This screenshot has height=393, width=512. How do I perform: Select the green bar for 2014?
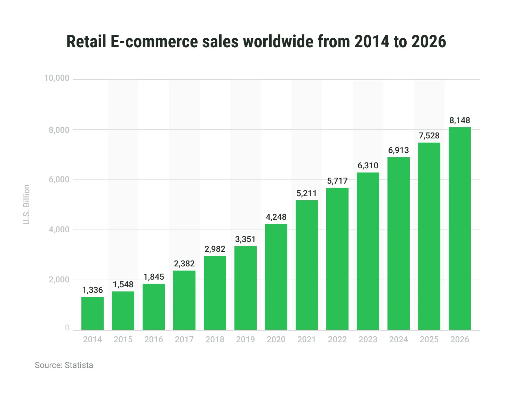tap(93, 313)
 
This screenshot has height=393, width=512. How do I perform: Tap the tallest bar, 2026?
tap(460, 228)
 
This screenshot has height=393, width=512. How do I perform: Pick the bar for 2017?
tap(184, 300)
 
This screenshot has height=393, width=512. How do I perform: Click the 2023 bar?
tap(368, 251)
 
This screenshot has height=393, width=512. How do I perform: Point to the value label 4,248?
tap(276, 217)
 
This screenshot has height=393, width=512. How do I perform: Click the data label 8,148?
tap(460, 120)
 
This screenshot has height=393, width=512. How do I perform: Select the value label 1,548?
tap(123, 284)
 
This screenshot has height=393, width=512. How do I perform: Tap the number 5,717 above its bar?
tap(337, 181)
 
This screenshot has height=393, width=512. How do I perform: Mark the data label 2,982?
tap(215, 249)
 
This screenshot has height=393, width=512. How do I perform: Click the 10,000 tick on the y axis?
tap(57, 78)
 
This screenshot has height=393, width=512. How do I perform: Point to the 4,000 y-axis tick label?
tap(59, 230)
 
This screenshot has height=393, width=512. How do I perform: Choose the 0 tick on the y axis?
tap(67, 328)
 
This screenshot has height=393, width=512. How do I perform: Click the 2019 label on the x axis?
tap(246, 339)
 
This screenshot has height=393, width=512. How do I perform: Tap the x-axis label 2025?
tap(429, 339)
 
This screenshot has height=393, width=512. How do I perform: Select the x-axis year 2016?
tap(154, 339)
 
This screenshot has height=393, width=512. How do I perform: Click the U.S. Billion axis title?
tap(26, 204)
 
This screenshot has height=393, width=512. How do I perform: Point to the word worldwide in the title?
tap(278, 41)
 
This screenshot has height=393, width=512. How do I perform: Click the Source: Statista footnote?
tap(64, 365)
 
